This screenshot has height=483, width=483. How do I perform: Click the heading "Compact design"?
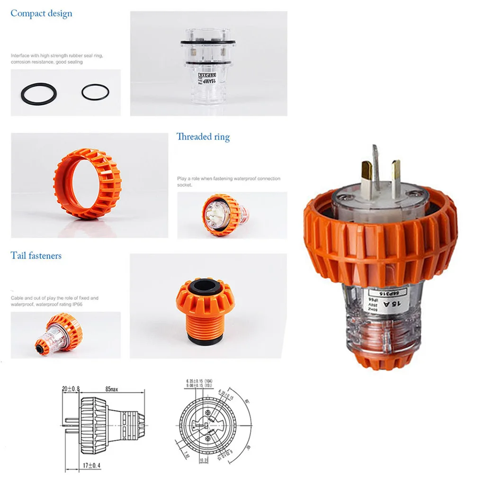[x=41, y=13]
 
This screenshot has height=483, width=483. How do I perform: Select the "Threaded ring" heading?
[x=203, y=137]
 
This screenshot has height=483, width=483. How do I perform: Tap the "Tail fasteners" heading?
[x=36, y=256]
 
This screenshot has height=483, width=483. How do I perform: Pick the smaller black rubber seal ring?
[x=95, y=92]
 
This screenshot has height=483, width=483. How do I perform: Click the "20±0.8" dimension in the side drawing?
[x=71, y=389]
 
